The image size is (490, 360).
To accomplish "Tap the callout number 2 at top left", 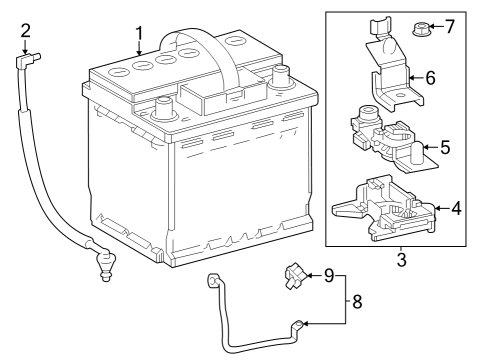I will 26,32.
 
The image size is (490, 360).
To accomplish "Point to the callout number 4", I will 455,209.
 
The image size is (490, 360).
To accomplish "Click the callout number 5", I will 445,147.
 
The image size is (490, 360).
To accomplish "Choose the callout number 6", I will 431,76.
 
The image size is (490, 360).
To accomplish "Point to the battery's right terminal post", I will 281,74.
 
